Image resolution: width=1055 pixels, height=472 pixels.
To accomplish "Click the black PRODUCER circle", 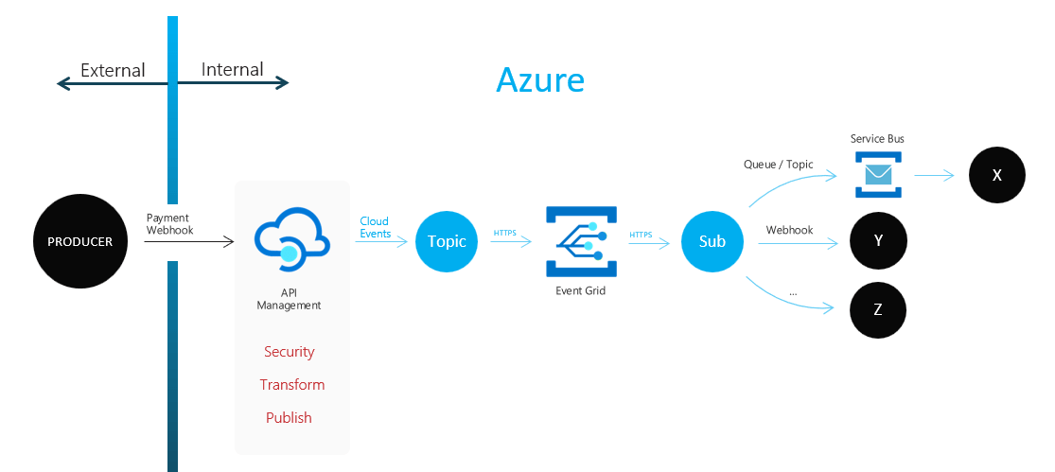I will point(79,241).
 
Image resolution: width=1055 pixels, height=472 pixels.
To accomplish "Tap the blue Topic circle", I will point(447,241).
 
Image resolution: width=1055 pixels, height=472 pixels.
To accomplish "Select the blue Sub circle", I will point(712,241).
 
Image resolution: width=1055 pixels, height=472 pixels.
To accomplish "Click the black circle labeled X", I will point(996,176).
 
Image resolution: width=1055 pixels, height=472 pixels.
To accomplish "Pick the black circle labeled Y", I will point(878,241).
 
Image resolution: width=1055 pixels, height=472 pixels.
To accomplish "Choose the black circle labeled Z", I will point(878,309).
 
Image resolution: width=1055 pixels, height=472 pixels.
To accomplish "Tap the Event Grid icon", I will point(580,241).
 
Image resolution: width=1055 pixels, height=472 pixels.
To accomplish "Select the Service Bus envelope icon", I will point(877,175).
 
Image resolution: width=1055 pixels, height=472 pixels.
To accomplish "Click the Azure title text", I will point(540,80).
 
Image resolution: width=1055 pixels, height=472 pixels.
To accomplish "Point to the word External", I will point(113,70).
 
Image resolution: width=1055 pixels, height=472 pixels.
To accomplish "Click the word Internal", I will point(233,70).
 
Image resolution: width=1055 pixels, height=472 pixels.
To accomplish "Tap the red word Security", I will point(289,352).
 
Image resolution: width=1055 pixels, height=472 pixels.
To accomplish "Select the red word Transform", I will point(292,385).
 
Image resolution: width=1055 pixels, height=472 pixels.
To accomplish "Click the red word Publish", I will point(289,418).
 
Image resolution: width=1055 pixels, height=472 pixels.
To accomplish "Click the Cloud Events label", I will point(375,228).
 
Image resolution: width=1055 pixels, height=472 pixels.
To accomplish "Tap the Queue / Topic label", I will point(779,165).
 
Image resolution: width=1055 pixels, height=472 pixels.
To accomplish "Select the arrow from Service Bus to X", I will point(935,176).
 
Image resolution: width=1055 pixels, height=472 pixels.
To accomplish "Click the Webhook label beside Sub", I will point(789,230).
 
